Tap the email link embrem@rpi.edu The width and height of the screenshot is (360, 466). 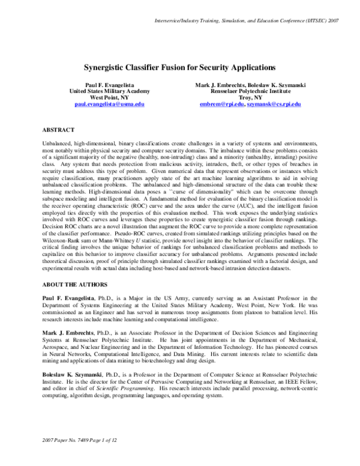222,104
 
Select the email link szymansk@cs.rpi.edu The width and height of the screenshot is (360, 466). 274,104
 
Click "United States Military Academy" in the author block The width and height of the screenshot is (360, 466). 109,91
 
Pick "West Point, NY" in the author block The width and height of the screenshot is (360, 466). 109,97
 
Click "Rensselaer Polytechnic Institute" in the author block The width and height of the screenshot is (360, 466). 250,91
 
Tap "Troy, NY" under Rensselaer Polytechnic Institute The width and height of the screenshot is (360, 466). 250,97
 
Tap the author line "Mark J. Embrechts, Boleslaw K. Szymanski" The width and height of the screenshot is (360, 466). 250,85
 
